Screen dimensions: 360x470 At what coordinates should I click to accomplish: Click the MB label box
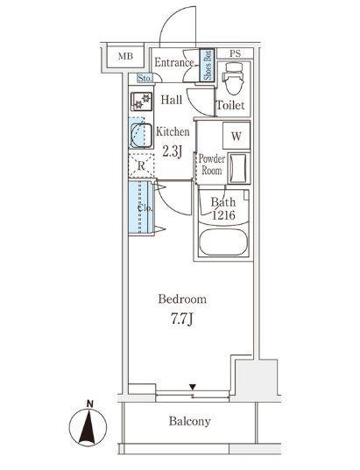click(x=125, y=56)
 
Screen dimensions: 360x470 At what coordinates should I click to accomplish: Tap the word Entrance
click(x=174, y=63)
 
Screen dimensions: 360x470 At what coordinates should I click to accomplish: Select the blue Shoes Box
click(x=208, y=65)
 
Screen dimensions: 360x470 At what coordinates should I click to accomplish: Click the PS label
click(x=236, y=53)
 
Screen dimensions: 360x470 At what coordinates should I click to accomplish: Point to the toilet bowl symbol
click(x=234, y=78)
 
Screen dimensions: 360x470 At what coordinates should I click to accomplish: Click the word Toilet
click(x=230, y=105)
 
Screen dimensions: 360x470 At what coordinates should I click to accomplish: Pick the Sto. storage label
click(x=145, y=79)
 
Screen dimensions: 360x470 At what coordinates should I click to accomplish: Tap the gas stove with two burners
click(x=141, y=102)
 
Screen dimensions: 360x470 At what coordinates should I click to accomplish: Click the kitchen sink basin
click(x=141, y=135)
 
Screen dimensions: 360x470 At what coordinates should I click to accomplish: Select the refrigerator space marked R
click(x=141, y=165)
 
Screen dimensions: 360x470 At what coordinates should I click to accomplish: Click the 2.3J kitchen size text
click(x=172, y=151)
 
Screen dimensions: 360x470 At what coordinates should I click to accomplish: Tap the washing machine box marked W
click(x=236, y=136)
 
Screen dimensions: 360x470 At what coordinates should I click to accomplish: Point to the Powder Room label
click(x=211, y=165)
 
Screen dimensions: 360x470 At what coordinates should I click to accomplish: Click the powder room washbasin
click(x=239, y=168)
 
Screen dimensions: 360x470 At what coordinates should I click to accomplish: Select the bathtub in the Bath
click(x=223, y=242)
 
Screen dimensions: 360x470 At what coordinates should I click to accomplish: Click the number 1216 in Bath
click(x=223, y=215)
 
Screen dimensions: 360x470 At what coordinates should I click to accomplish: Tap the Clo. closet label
click(x=145, y=207)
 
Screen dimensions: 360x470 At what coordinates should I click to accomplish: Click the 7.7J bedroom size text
click(x=181, y=319)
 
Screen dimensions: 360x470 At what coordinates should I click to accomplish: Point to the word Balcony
click(x=189, y=422)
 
